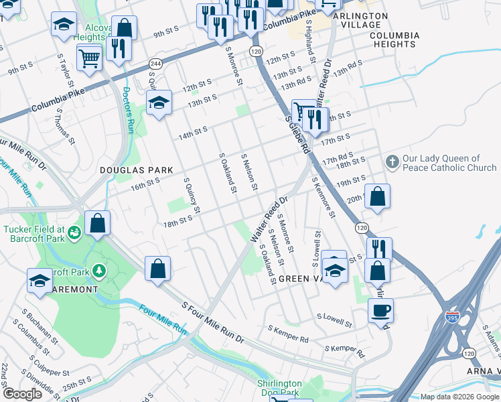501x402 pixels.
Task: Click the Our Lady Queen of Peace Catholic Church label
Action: (449, 163)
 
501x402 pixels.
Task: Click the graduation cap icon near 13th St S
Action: (159, 103)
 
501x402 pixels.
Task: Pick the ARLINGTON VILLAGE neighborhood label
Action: (360, 20)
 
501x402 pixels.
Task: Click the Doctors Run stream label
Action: (129, 110)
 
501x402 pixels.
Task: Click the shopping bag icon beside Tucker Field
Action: (98, 224)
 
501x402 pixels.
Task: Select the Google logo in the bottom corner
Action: (23, 394)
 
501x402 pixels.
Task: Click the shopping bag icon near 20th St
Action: (378, 197)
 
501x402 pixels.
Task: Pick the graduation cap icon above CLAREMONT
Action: (40, 280)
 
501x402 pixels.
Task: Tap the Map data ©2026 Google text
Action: (459, 397)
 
